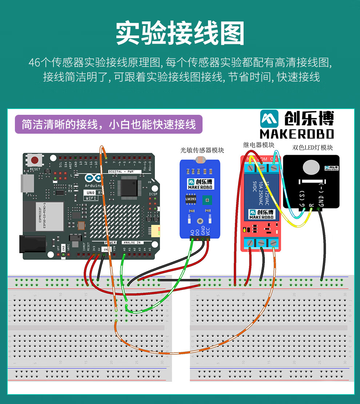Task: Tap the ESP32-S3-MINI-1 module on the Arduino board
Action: (43, 217)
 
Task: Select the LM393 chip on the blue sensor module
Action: (191, 199)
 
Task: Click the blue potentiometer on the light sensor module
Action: (208, 199)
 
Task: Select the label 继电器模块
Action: (259, 145)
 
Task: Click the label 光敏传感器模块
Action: (202, 150)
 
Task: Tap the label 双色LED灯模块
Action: (313, 148)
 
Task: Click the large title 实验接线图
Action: (180, 33)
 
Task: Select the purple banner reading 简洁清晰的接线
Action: (108, 124)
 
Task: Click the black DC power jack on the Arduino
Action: (33, 244)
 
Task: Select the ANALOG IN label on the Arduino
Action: (133, 242)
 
